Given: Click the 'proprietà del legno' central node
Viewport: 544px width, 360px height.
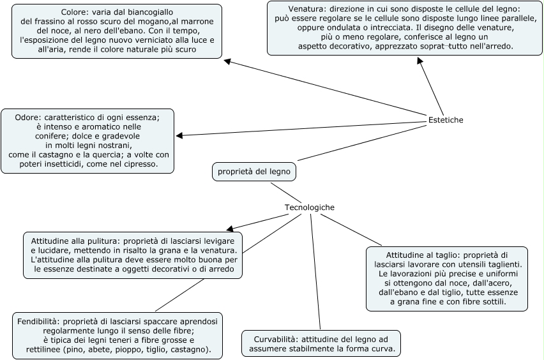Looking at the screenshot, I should (x=254, y=172).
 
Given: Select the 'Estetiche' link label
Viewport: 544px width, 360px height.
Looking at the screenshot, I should (x=446, y=120).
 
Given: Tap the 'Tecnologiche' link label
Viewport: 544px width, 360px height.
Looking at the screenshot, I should (x=309, y=207).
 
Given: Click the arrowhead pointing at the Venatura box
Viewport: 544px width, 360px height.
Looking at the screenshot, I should (x=420, y=61).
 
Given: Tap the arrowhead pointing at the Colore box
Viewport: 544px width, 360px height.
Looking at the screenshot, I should (x=228, y=61).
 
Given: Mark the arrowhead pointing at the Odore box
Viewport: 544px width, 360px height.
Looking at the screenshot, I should (x=179, y=135).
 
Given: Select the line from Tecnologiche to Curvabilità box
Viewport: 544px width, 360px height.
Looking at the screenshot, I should (x=315, y=274).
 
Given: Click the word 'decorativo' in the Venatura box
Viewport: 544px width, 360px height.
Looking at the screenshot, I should (x=349, y=47).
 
